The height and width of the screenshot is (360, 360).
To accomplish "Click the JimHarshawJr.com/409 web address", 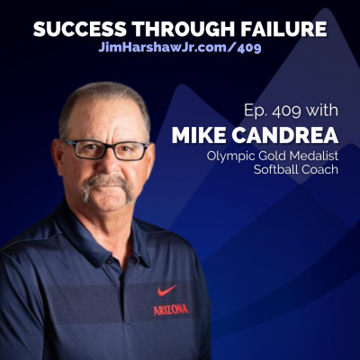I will coord(179,47).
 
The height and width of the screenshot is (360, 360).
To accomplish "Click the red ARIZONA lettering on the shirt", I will coord(171,309).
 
